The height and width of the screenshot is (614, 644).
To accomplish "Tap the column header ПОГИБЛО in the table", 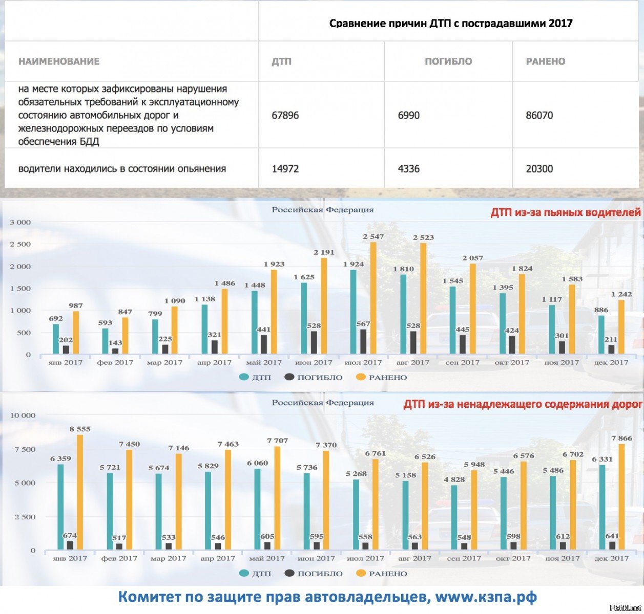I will (448, 61).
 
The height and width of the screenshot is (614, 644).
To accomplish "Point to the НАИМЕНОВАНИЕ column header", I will (59, 61).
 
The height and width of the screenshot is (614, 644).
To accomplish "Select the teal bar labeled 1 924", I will (354, 311).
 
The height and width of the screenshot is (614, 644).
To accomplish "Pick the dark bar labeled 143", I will (115, 350).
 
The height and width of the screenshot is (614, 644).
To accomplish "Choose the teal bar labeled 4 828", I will (454, 517).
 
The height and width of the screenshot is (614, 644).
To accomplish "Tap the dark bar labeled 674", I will (70, 545).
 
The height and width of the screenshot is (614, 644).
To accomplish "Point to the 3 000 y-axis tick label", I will (20, 223).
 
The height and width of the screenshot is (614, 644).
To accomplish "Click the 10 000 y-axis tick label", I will (23, 415).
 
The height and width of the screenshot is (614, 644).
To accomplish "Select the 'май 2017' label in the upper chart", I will (264, 362).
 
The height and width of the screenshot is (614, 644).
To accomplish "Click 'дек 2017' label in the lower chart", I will (612, 558).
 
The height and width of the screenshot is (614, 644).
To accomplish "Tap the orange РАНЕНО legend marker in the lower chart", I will (361, 574).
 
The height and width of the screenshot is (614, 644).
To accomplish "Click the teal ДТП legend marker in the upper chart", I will (244, 377).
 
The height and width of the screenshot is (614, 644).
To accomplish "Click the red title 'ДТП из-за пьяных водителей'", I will (566, 212).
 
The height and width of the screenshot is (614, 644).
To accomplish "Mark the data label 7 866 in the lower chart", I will (621, 438).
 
